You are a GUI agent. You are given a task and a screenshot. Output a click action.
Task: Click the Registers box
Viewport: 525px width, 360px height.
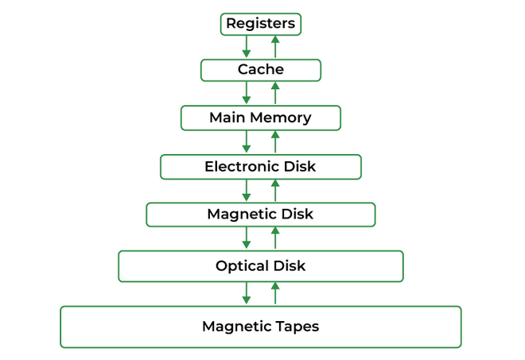pyautogui.click(x=260, y=24)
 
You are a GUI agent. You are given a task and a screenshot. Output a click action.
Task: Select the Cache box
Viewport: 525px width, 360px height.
pyautogui.click(x=260, y=70)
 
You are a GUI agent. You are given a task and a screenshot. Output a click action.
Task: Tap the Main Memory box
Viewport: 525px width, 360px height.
pyautogui.click(x=260, y=118)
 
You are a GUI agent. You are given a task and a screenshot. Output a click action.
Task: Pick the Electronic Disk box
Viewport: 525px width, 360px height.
pyautogui.click(x=260, y=167)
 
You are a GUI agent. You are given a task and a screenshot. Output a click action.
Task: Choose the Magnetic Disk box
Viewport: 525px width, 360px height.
pyautogui.click(x=260, y=215)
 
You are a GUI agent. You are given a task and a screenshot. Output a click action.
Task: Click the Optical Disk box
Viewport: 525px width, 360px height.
pyautogui.click(x=260, y=266)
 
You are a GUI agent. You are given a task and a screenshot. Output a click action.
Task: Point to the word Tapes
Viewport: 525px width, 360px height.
pyautogui.click(x=296, y=327)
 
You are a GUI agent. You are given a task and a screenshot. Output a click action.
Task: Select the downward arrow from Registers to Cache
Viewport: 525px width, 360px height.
pyautogui.click(x=247, y=47)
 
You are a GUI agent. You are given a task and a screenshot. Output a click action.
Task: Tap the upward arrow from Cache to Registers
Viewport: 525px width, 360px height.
pyautogui.click(x=275, y=47)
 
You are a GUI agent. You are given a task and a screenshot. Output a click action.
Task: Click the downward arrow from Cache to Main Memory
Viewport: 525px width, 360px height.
pyautogui.click(x=247, y=93)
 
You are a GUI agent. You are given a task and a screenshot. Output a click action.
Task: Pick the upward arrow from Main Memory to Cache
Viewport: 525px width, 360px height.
pyautogui.click(x=275, y=93)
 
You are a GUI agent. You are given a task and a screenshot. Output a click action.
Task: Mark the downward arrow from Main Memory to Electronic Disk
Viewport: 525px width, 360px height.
pyautogui.click(x=247, y=141)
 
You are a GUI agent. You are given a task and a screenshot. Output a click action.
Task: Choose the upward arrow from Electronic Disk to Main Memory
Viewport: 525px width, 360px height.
pyautogui.click(x=275, y=141)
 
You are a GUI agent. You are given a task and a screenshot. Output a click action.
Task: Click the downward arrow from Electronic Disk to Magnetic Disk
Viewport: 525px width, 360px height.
pyautogui.click(x=247, y=190)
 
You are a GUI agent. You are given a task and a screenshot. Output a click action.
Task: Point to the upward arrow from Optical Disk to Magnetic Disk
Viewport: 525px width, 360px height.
pyautogui.click(x=275, y=238)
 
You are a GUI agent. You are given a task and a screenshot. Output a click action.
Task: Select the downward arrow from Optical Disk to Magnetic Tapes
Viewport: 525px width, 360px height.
pyautogui.click(x=247, y=293)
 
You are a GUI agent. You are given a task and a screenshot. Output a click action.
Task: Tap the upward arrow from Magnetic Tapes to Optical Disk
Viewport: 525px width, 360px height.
pyautogui.click(x=275, y=293)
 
